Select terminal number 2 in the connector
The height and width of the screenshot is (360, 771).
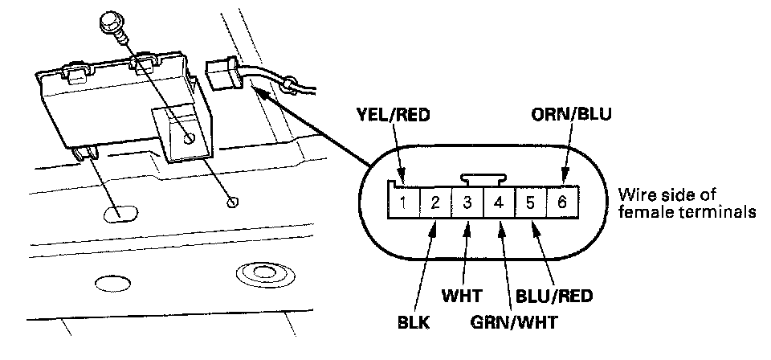(434, 202)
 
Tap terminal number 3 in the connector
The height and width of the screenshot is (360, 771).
(467, 202)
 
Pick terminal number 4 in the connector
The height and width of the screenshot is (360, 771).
(498, 202)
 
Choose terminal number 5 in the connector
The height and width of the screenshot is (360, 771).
(530, 202)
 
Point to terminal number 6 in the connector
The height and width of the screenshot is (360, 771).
(561, 202)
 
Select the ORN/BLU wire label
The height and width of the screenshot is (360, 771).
(572, 115)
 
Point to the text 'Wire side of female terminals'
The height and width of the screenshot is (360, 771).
(687, 204)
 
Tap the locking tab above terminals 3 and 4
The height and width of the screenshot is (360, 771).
(483, 178)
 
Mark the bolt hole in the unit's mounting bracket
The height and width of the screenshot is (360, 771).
(187, 137)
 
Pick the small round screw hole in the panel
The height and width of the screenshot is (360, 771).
(232, 200)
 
